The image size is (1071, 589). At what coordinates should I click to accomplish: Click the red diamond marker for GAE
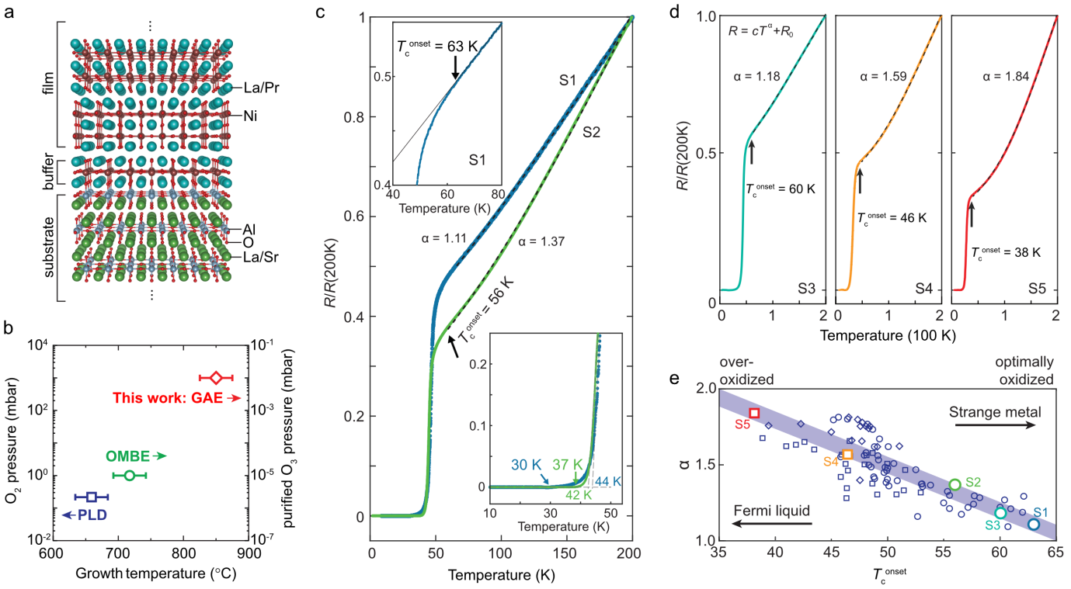pyautogui.click(x=216, y=378)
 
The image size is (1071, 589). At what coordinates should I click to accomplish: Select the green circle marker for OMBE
pyautogui.click(x=130, y=475)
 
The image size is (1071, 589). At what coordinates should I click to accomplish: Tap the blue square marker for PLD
pyautogui.click(x=92, y=497)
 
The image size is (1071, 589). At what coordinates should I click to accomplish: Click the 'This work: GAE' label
pyautogui.click(x=168, y=398)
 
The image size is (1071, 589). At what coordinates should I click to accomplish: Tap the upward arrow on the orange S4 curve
pyautogui.click(x=860, y=180)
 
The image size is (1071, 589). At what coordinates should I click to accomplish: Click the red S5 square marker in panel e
pyautogui.click(x=754, y=413)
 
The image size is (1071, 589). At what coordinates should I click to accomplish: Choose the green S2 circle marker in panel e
pyautogui.click(x=955, y=485)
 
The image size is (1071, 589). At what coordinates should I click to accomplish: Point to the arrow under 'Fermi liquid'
pyautogui.click(x=772, y=525)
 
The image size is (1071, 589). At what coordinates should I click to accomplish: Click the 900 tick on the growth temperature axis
pyautogui.click(x=249, y=556)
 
